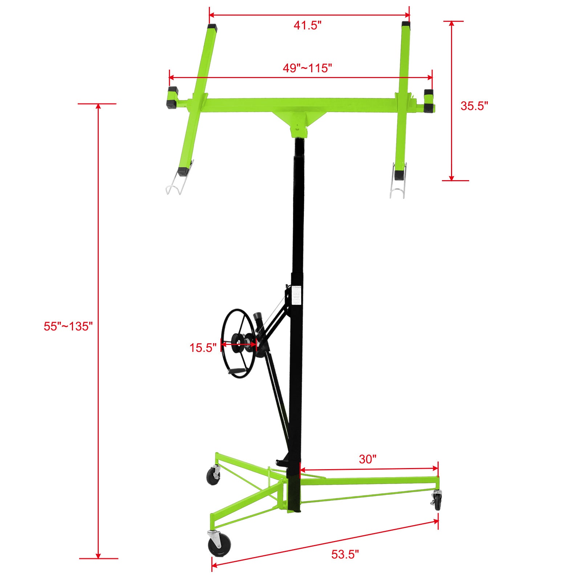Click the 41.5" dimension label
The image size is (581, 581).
(308, 25)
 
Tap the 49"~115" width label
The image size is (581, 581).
(307, 68)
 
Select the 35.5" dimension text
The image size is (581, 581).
(474, 106)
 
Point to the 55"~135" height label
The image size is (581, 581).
(68, 326)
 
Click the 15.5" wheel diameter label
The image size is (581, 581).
(203, 348)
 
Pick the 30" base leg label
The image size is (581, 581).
(367, 459)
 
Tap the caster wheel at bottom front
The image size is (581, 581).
(219, 546)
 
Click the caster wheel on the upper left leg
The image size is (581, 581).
(213, 476)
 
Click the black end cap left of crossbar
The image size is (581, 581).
(172, 98)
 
